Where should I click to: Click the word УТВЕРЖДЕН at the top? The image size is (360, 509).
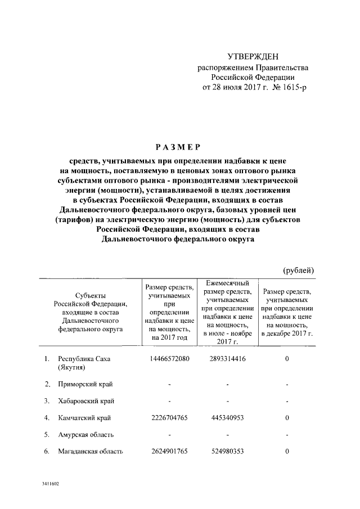coord(253,57)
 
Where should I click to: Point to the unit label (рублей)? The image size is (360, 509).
coord(298,270)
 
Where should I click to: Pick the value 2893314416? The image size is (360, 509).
coord(227,359)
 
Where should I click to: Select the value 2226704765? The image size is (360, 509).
coord(169,418)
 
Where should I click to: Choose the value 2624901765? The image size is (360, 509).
coord(169,452)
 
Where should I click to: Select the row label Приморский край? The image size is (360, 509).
coord(85,384)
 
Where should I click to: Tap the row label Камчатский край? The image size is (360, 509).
coord(84,418)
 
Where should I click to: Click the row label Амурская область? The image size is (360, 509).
coord(86,435)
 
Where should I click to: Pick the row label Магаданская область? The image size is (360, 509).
coord(91,452)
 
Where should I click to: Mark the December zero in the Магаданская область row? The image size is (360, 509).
coord(287,452)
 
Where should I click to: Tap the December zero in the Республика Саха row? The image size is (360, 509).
coord(287,359)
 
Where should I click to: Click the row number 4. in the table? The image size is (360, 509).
coord(47,418)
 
